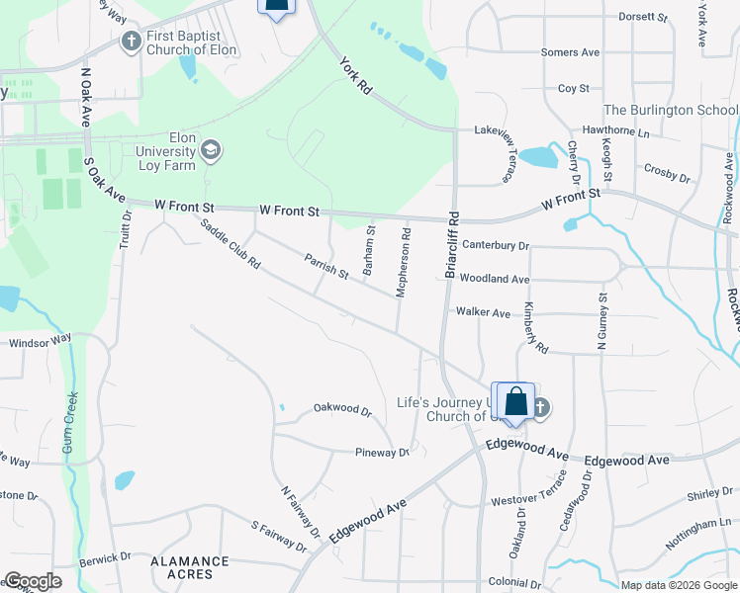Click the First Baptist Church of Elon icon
[x=131, y=42]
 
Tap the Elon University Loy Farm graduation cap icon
[x=210, y=150]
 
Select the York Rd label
[x=354, y=75]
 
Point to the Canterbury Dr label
[x=496, y=245]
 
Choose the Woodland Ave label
[x=495, y=280]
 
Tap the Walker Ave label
[x=483, y=312]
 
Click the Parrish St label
[x=326, y=265]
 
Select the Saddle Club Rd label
[x=230, y=244]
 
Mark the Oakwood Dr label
[x=341, y=408]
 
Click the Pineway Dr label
[x=382, y=453]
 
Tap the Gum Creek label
[x=69, y=426]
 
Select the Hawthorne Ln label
[x=615, y=131]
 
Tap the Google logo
[x=33, y=581]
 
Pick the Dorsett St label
[x=644, y=17]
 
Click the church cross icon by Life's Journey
[x=539, y=407]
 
